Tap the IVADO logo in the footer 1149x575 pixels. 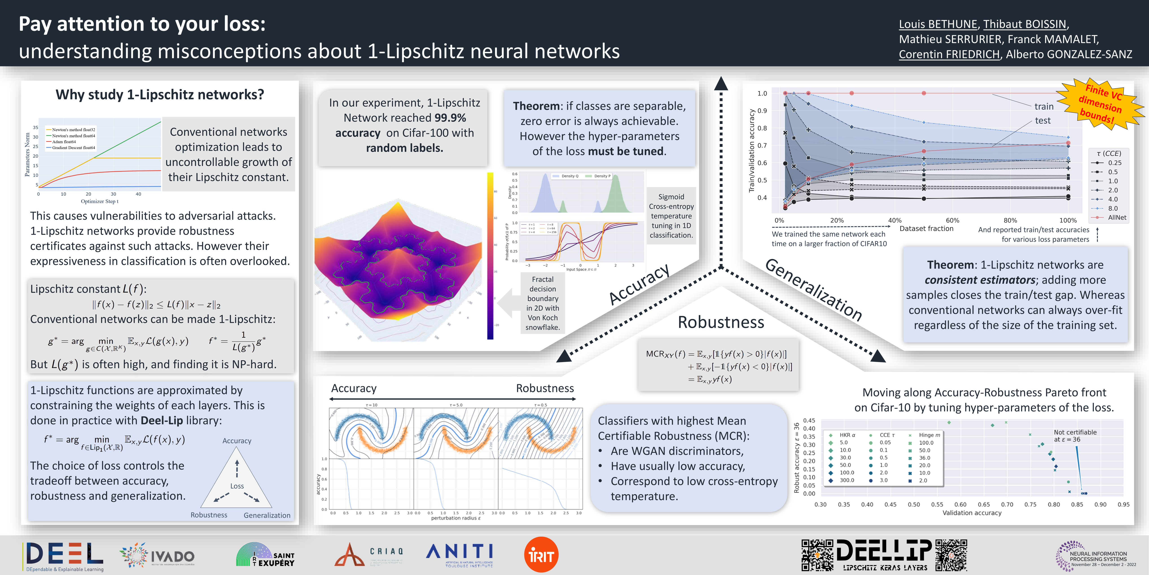click(x=157, y=556)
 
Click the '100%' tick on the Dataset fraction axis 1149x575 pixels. click(x=1068, y=221)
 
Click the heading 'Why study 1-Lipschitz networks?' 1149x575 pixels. click(x=160, y=95)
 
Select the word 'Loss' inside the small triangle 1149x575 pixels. click(x=237, y=486)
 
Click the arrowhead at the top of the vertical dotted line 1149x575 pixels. click(x=721, y=84)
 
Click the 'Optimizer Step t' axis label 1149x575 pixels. click(x=99, y=201)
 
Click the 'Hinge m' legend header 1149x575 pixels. click(x=930, y=435)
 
